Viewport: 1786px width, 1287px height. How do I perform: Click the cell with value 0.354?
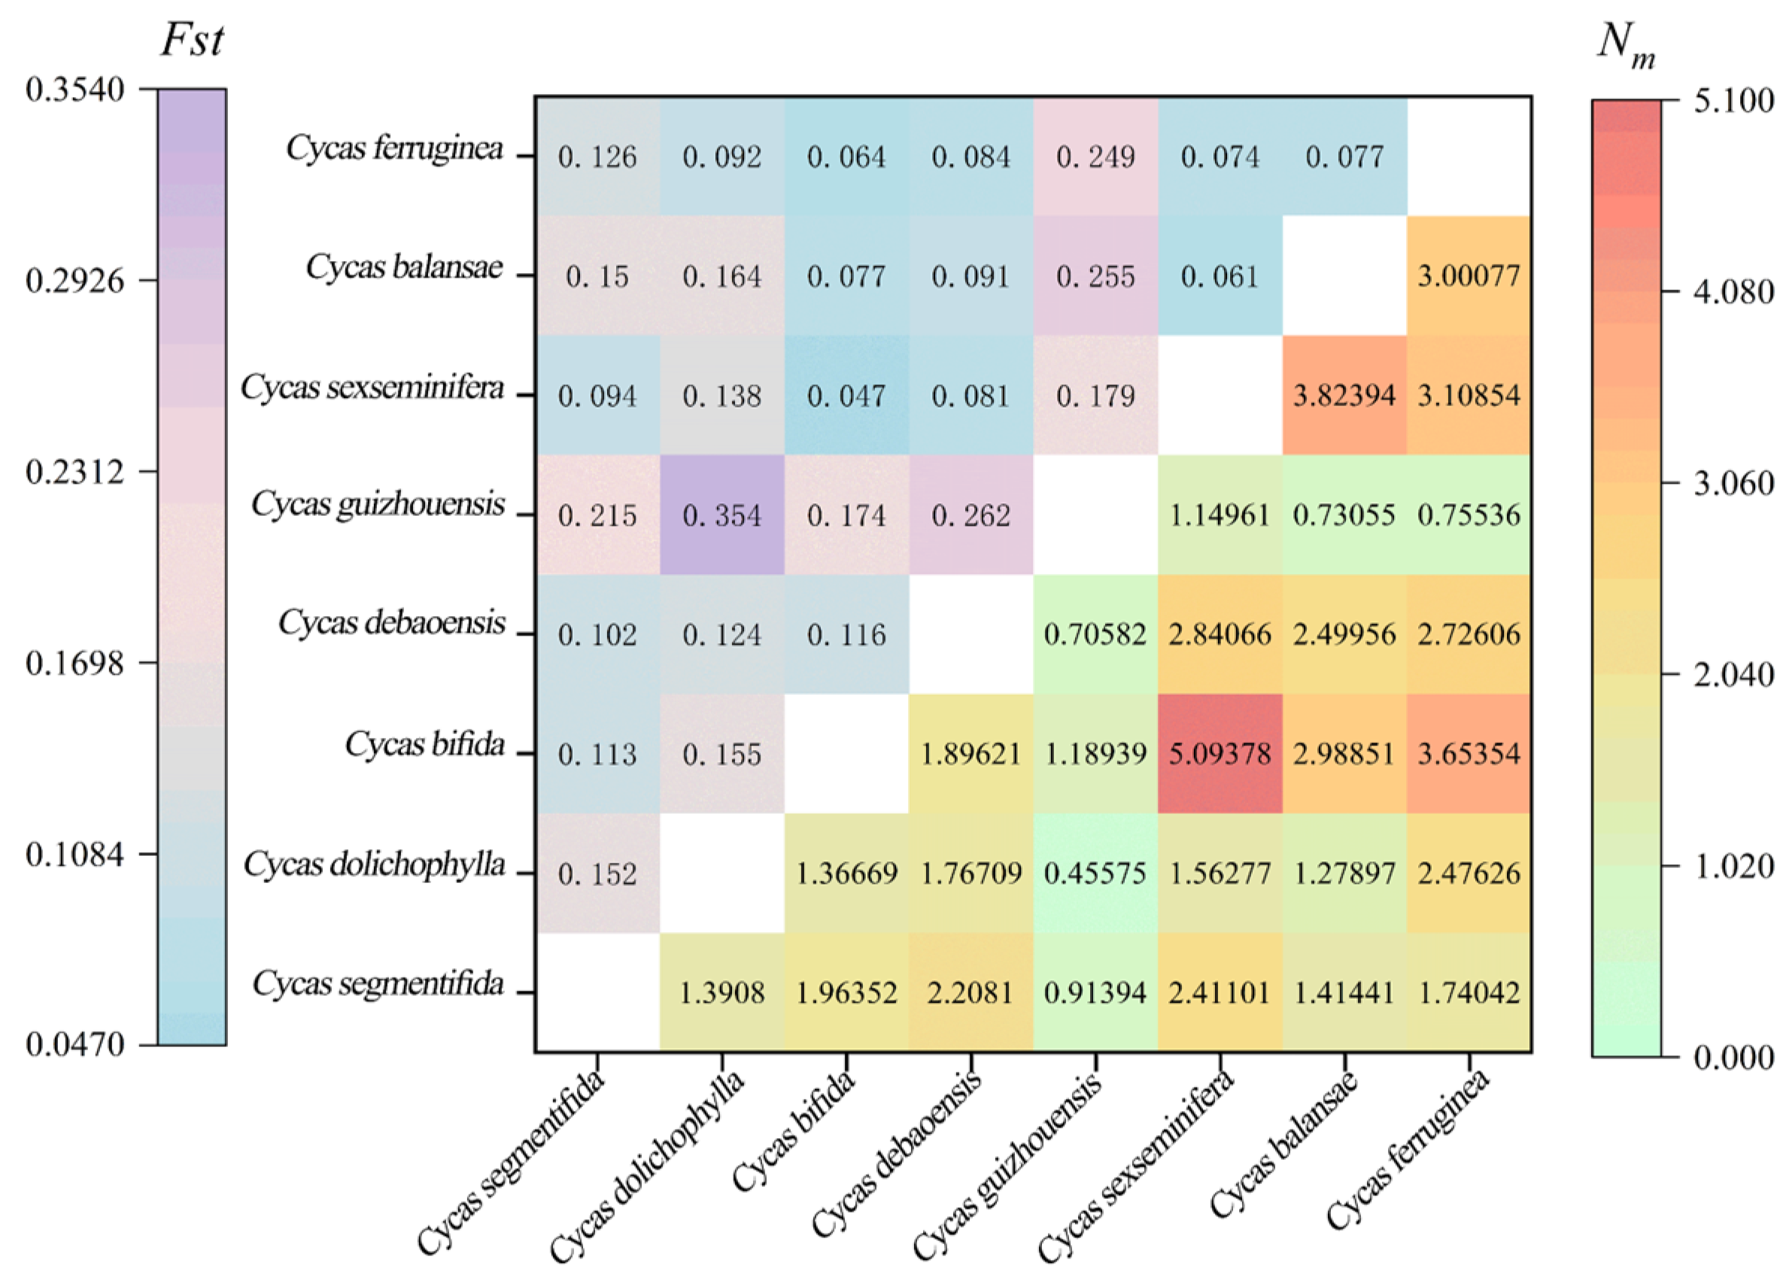(x=722, y=514)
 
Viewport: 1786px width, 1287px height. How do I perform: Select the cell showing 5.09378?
(x=1220, y=753)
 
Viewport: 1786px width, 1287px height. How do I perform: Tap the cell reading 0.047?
(x=846, y=395)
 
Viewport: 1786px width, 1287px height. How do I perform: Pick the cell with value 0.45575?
(x=1095, y=873)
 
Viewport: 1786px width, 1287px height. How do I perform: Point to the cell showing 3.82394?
(x=1344, y=395)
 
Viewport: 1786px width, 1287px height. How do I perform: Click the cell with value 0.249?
(x=1095, y=156)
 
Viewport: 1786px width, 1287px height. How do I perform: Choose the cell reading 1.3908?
(x=722, y=993)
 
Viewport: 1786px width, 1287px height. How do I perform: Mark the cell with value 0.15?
(x=597, y=275)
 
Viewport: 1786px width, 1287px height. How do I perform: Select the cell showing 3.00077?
(x=1469, y=275)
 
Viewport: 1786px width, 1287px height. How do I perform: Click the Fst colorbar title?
(x=192, y=39)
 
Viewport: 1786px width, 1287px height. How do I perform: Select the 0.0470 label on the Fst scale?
(x=74, y=1045)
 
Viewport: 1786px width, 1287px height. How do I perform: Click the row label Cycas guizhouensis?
(x=378, y=505)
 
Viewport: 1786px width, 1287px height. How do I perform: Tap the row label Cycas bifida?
(x=424, y=744)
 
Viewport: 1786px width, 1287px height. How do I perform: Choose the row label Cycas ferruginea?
(x=394, y=148)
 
